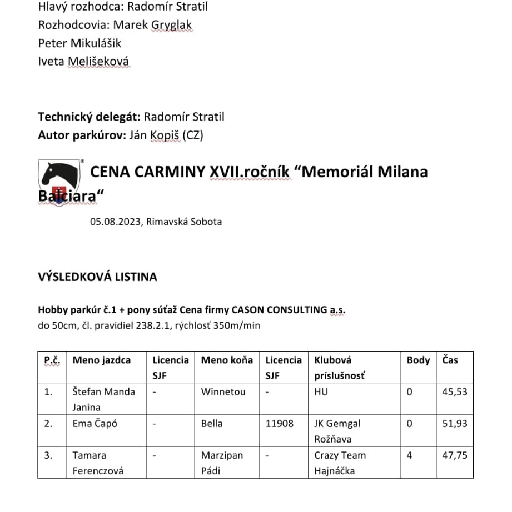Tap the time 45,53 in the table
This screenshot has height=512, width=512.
(454, 391)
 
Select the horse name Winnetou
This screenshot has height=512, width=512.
(223, 391)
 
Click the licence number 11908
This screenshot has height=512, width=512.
(279, 423)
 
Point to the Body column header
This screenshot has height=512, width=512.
(418, 360)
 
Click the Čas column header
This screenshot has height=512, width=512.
(450, 360)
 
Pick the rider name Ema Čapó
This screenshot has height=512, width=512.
(95, 423)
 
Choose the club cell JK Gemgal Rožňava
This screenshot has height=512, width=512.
(337, 431)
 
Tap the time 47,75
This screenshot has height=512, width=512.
(454, 455)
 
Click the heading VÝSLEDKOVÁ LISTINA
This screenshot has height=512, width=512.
(97, 277)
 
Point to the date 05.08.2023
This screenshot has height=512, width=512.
(115, 222)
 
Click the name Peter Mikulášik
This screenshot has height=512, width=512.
(79, 43)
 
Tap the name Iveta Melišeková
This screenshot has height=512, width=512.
(84, 61)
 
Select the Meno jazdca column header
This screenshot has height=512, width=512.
(102, 360)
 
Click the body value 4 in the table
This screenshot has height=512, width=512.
(410, 455)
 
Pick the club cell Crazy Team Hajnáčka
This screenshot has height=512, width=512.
(340, 463)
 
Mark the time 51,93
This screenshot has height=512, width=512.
(454, 423)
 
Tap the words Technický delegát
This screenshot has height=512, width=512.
(89, 117)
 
